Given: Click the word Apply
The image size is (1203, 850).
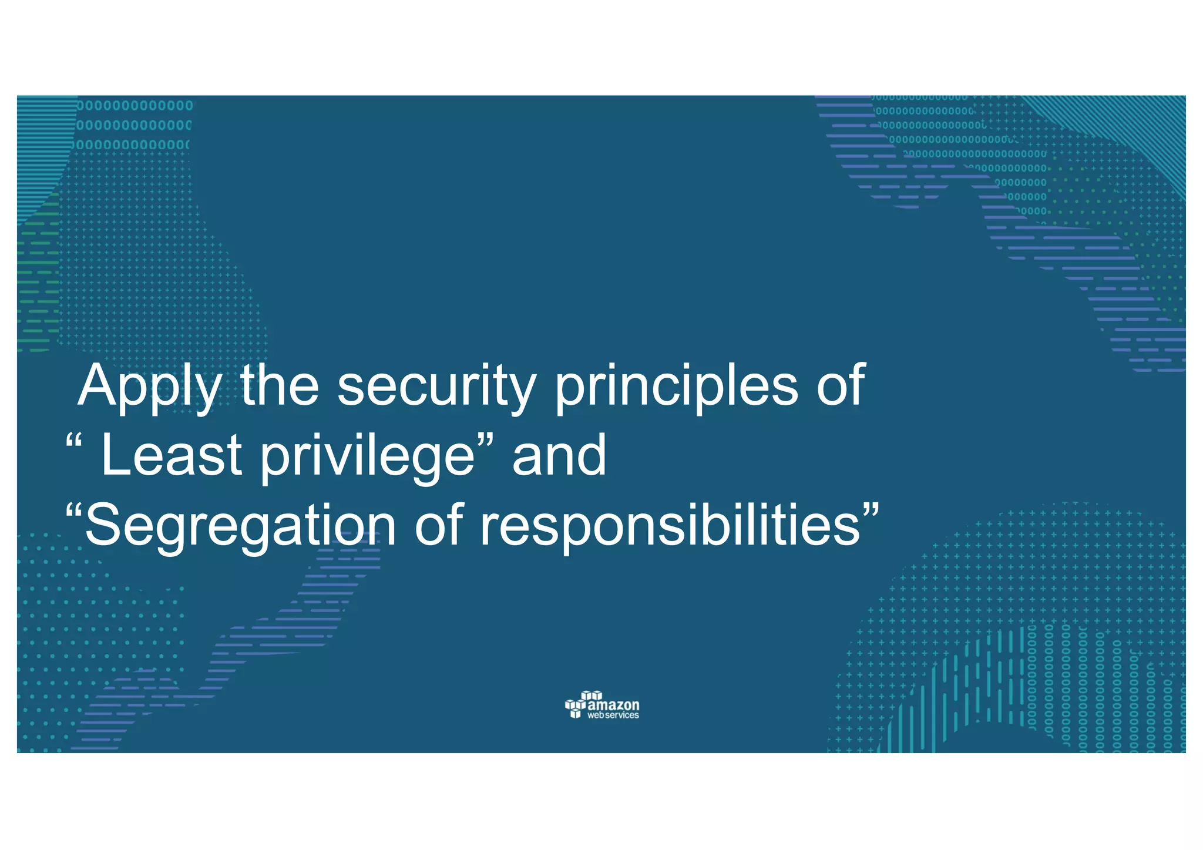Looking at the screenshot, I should point(149,388).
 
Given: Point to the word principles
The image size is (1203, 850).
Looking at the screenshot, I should point(676,388).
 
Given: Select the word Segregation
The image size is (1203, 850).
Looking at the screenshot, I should point(241,527).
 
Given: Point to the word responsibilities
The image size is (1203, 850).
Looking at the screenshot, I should point(670,527).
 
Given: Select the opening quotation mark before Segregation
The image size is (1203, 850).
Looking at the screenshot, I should point(74,510).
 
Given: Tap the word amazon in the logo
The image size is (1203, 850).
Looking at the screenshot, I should point(614,705).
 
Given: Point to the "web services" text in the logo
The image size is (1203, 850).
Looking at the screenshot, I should point(613,715).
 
